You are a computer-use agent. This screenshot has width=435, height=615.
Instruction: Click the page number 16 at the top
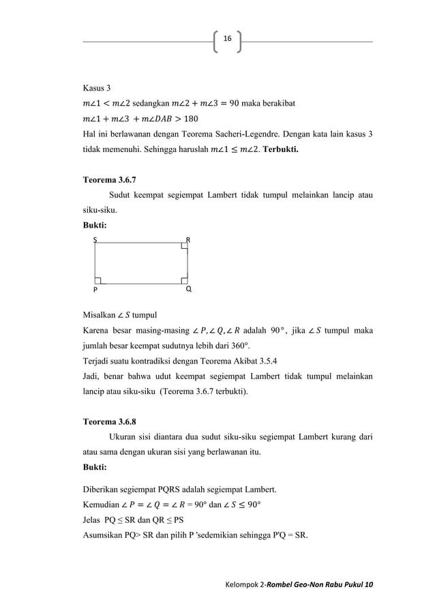227,40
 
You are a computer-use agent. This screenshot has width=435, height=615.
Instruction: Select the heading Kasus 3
96,89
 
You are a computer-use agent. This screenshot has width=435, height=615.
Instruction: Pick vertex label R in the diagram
188,240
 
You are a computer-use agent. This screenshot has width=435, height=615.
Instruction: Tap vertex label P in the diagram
95,289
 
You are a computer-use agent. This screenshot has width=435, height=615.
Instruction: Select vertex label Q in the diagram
188,288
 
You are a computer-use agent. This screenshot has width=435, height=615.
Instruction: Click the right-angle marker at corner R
184,245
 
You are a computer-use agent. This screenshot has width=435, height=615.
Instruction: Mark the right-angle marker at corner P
99,279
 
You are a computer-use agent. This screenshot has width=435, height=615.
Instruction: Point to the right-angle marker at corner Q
184,279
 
